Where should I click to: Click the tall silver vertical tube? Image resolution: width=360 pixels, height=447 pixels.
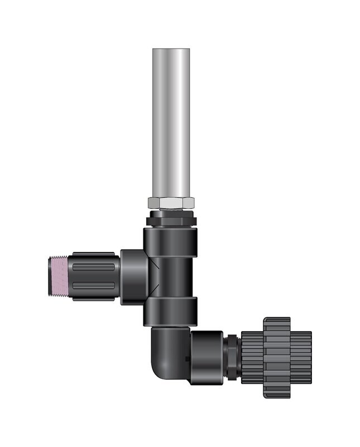point(171,123)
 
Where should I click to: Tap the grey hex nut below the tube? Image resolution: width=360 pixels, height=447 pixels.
point(171,203)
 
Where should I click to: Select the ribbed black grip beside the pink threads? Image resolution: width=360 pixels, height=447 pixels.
point(94,277)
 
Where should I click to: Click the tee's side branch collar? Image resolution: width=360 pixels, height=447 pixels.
point(135,277)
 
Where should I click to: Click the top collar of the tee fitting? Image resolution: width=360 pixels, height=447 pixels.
point(171,239)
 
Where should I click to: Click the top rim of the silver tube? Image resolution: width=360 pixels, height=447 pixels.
point(171,50)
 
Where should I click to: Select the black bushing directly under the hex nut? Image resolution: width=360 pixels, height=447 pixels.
point(171,218)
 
